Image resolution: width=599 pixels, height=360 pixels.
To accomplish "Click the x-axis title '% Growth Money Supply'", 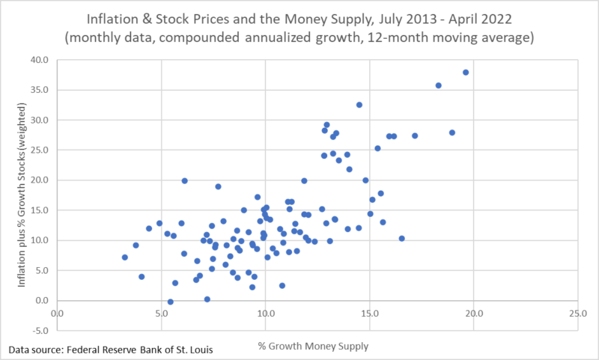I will tap(317, 346).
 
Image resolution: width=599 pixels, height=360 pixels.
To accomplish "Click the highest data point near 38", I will tap(466, 73).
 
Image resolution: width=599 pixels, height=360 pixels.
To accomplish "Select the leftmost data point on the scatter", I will tap(125, 257).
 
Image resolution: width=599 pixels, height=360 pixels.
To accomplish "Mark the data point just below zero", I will tap(171, 302).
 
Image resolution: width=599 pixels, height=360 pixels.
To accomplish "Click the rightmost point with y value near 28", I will tap(452, 132).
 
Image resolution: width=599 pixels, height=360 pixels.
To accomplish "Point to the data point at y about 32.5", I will tap(359, 105).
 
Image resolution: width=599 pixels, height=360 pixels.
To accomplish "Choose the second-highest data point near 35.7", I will tap(439, 85).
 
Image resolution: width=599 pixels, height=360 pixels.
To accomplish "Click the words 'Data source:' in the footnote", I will tap(36, 350).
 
